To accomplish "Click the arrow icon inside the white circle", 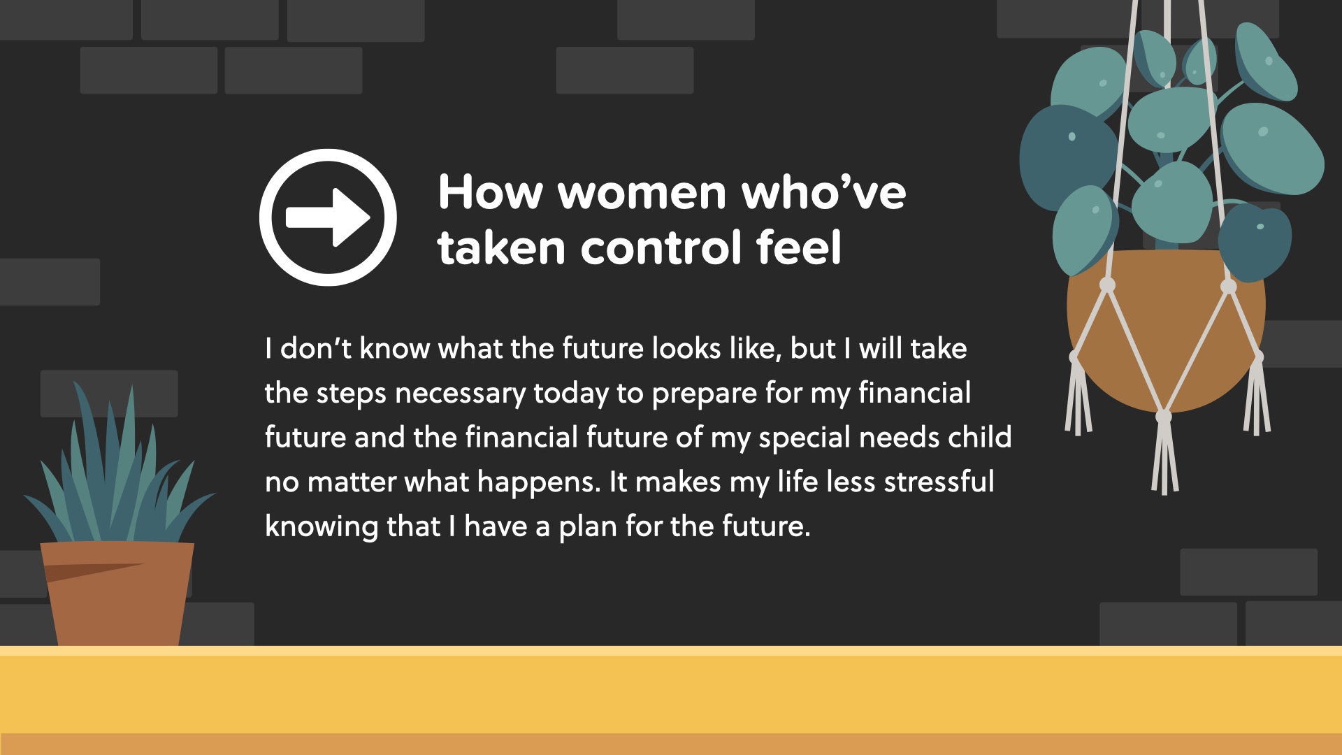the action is click(328, 217).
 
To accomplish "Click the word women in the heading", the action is click(642, 192).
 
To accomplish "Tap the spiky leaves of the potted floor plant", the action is click(119, 468).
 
